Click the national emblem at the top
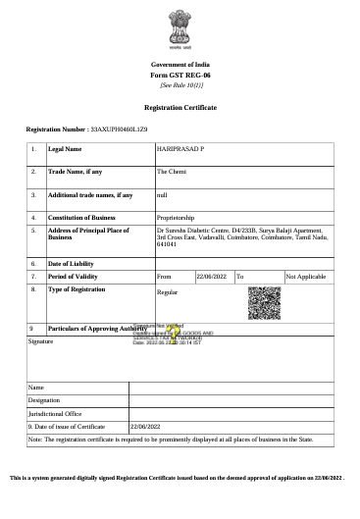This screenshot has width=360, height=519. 180,29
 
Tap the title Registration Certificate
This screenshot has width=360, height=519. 180,106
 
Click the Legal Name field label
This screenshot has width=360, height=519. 65,149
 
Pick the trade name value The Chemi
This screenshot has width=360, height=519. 172,172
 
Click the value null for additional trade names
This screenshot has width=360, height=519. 162,195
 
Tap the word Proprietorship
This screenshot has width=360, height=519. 177,217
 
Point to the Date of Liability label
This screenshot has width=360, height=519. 71,264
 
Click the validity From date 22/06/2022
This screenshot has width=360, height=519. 212,278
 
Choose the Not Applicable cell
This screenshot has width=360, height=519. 305,278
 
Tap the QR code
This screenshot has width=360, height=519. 264,302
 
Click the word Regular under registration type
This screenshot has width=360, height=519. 168,292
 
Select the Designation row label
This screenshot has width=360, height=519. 44,400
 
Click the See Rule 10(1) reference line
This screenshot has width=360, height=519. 180,85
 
